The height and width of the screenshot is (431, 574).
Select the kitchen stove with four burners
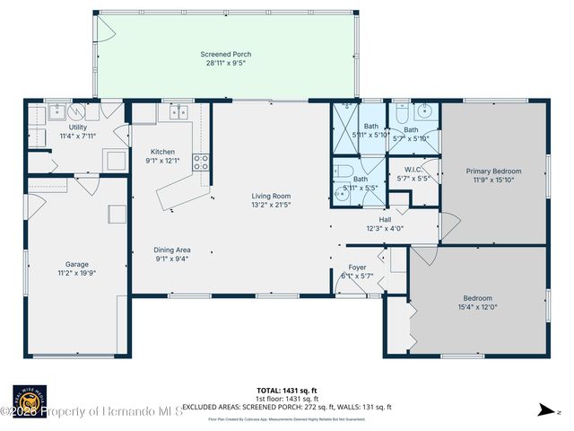pos(202,163)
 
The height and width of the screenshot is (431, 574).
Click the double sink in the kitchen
pos(174,112)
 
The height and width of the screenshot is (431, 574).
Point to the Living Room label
pos(270,195)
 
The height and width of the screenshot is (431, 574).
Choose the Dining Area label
pos(170,251)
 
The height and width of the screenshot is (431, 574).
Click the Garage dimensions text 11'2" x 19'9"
pos(77,273)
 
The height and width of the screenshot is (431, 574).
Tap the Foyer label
pos(357,268)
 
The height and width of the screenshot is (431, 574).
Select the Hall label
pos(385,218)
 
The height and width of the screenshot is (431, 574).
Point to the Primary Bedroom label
pos(492,171)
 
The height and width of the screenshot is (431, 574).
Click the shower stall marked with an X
pos(345,119)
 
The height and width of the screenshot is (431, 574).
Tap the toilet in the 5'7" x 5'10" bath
pos(401,114)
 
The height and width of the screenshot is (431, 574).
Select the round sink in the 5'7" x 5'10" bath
pos(427,113)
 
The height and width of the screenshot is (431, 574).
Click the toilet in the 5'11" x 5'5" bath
pos(342,170)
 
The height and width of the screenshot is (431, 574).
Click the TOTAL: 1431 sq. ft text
pos(286,391)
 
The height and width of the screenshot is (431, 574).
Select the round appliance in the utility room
pos(77,111)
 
